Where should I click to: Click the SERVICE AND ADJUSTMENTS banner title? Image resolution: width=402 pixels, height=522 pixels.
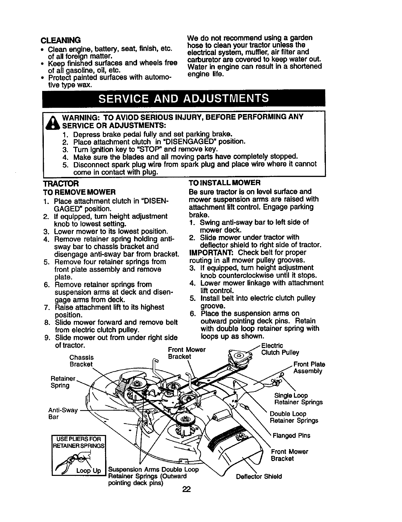coord(184,98)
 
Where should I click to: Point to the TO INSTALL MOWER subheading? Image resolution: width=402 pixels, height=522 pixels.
coord(224,183)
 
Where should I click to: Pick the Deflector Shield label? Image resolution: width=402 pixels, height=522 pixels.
coord(259,477)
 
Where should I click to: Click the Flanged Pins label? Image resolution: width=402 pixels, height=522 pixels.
coord(291,436)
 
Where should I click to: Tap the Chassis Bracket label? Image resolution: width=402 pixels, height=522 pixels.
coord(81,361)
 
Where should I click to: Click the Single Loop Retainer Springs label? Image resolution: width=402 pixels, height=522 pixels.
coord(298,399)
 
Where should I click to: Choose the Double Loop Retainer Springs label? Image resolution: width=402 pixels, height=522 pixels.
coord(294,417)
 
